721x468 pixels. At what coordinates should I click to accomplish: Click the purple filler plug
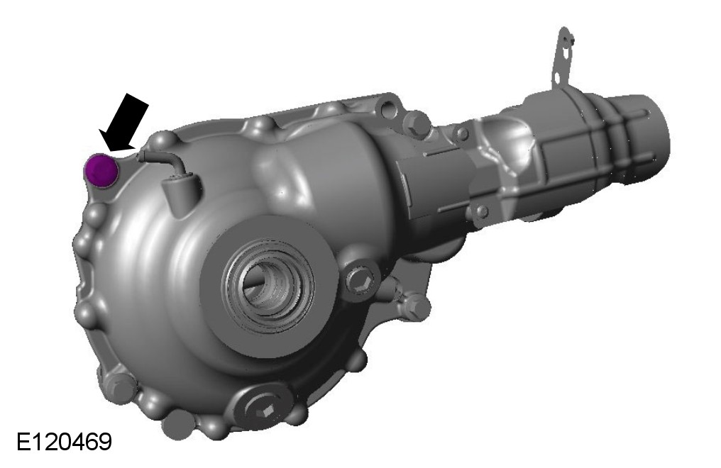(101, 170)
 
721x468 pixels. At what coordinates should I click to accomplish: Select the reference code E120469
(64, 442)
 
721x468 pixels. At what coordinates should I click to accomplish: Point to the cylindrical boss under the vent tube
(181, 194)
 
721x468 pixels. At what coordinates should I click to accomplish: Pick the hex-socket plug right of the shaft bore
(361, 279)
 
